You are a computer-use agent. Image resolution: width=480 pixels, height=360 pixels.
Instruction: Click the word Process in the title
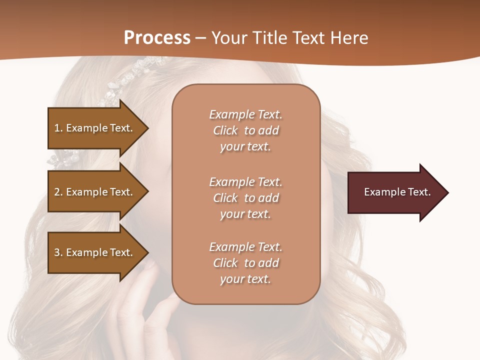pyautogui.click(x=157, y=37)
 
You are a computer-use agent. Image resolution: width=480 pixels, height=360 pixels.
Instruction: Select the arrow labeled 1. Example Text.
pyautogui.click(x=95, y=128)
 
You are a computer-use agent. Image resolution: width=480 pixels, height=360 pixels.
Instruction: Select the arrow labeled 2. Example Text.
pyautogui.click(x=95, y=192)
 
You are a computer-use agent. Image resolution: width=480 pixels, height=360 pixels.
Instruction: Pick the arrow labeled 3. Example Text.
pyautogui.click(x=95, y=252)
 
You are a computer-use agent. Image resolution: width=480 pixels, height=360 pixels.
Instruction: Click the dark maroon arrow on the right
pyautogui.click(x=395, y=192)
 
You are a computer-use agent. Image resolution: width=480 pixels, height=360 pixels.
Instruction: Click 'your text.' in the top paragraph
pyautogui.click(x=245, y=147)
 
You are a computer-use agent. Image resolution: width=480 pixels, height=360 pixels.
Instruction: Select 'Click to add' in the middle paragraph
pyautogui.click(x=245, y=198)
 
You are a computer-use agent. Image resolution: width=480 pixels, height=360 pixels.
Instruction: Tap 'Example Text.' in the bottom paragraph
pyautogui.click(x=245, y=247)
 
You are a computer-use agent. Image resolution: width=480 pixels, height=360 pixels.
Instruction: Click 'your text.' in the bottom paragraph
pyautogui.click(x=245, y=279)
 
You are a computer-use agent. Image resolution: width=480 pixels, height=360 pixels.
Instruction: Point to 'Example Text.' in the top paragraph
pyautogui.click(x=245, y=114)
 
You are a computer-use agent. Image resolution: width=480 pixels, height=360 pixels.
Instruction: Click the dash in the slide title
pyautogui.click(x=201, y=38)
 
